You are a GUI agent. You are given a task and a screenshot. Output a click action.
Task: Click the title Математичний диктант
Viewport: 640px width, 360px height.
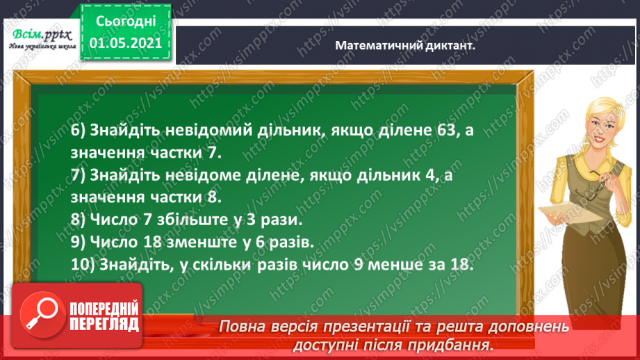[409, 45]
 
